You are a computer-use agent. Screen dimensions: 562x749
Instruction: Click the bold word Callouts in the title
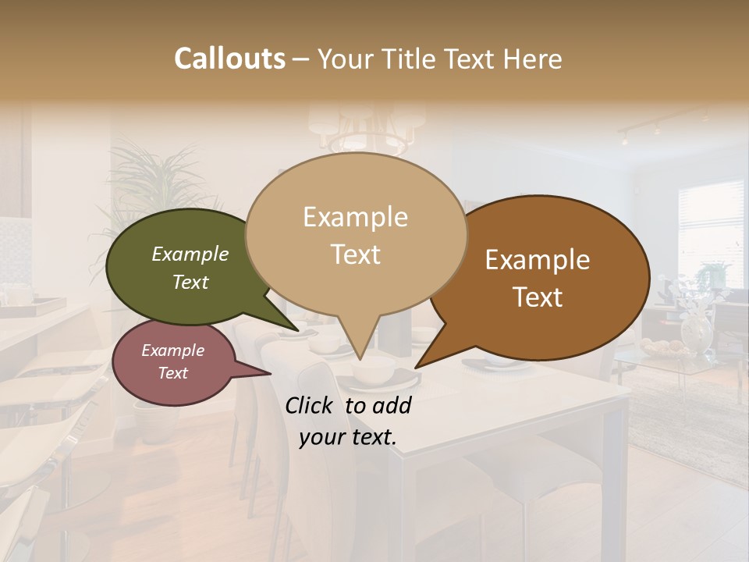(x=229, y=59)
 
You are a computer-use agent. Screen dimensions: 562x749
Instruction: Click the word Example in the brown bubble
(x=538, y=260)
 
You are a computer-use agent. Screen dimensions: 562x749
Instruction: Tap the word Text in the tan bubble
(x=356, y=254)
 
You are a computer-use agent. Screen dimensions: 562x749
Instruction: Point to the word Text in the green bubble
(x=190, y=283)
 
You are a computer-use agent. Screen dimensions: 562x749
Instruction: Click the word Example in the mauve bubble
(x=172, y=350)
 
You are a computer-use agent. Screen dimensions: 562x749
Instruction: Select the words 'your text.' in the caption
(x=348, y=437)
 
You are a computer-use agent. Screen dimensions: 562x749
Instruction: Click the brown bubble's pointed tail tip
(x=416, y=367)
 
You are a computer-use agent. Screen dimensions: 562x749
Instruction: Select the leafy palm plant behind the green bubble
(x=148, y=176)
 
